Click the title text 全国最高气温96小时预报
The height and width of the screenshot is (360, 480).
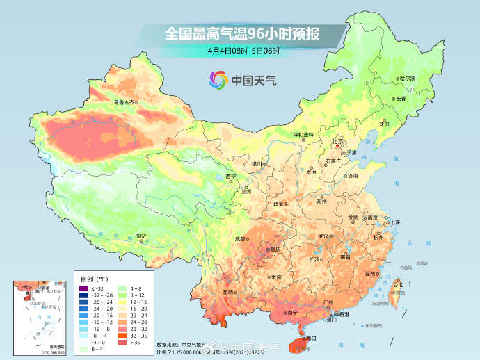pos(241,33)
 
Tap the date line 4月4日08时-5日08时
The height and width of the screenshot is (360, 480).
pos(243,51)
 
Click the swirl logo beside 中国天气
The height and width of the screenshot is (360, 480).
pos(218,81)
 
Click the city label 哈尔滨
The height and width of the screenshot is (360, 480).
pos(406,79)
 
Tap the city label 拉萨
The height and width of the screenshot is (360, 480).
pos(141,236)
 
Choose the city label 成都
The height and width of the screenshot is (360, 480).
pos(240,238)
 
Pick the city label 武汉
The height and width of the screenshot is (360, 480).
pos(323,236)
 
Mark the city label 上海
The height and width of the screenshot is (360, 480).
pos(394,222)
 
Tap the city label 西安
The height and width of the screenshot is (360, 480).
pos(279,204)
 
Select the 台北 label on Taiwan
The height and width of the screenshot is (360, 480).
pos(398,285)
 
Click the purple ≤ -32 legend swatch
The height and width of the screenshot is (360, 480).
pos(83,288)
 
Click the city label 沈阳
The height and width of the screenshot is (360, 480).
pos(384,124)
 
